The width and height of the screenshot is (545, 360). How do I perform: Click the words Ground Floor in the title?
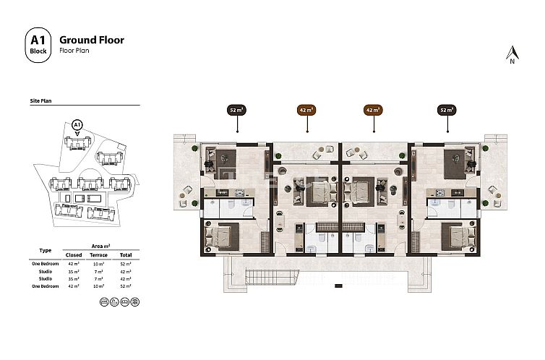coord(91,40)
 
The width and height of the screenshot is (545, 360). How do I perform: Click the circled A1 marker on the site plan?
coord(77,125)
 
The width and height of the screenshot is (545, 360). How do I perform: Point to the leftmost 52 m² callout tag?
coord(236,111)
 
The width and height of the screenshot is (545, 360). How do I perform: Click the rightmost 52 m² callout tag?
coord(447,111)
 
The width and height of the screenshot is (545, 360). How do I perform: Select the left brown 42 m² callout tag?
coord(306,111)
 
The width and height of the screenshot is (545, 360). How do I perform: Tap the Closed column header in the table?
coord(73,254)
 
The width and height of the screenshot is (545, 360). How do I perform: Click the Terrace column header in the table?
coord(98,254)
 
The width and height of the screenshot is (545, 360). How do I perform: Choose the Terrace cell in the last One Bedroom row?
coord(98,287)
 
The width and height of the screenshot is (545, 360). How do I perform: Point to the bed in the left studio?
coord(319,192)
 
